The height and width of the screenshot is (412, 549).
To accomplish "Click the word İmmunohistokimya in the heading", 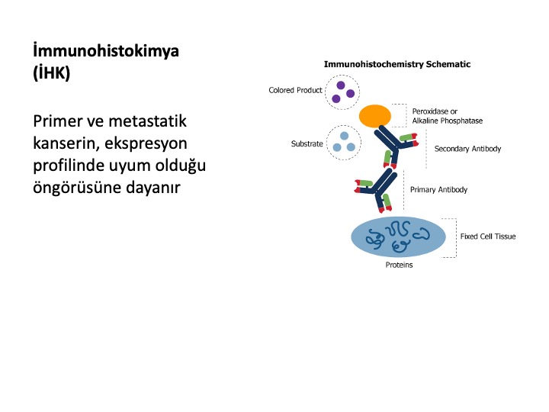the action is (x=106, y=51).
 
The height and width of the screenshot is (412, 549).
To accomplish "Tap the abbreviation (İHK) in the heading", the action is (x=52, y=72).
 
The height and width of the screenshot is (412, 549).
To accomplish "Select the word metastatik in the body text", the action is (x=147, y=121).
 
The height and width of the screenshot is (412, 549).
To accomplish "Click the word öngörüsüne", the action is (x=77, y=187).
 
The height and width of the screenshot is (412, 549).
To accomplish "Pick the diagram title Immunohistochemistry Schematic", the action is (x=397, y=64).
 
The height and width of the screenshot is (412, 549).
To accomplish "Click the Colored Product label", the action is (x=295, y=90).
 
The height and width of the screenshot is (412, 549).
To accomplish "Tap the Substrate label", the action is (x=307, y=143).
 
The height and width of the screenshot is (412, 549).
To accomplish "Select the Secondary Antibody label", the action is (x=467, y=149).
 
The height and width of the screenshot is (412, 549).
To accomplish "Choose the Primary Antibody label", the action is (x=438, y=189).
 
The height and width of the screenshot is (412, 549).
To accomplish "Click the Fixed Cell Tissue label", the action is (x=488, y=237).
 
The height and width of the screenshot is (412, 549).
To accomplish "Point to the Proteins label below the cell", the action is (x=399, y=265).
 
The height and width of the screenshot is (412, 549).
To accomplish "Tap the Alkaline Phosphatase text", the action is (x=448, y=121).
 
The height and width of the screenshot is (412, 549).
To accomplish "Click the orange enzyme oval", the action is (x=375, y=116).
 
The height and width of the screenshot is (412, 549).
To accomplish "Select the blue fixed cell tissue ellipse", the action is (x=399, y=237).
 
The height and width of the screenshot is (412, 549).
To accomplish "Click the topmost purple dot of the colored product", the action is (x=341, y=85).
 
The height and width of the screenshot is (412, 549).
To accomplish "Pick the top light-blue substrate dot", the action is (x=344, y=136).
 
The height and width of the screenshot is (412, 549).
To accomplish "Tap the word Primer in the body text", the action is (x=58, y=121).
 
